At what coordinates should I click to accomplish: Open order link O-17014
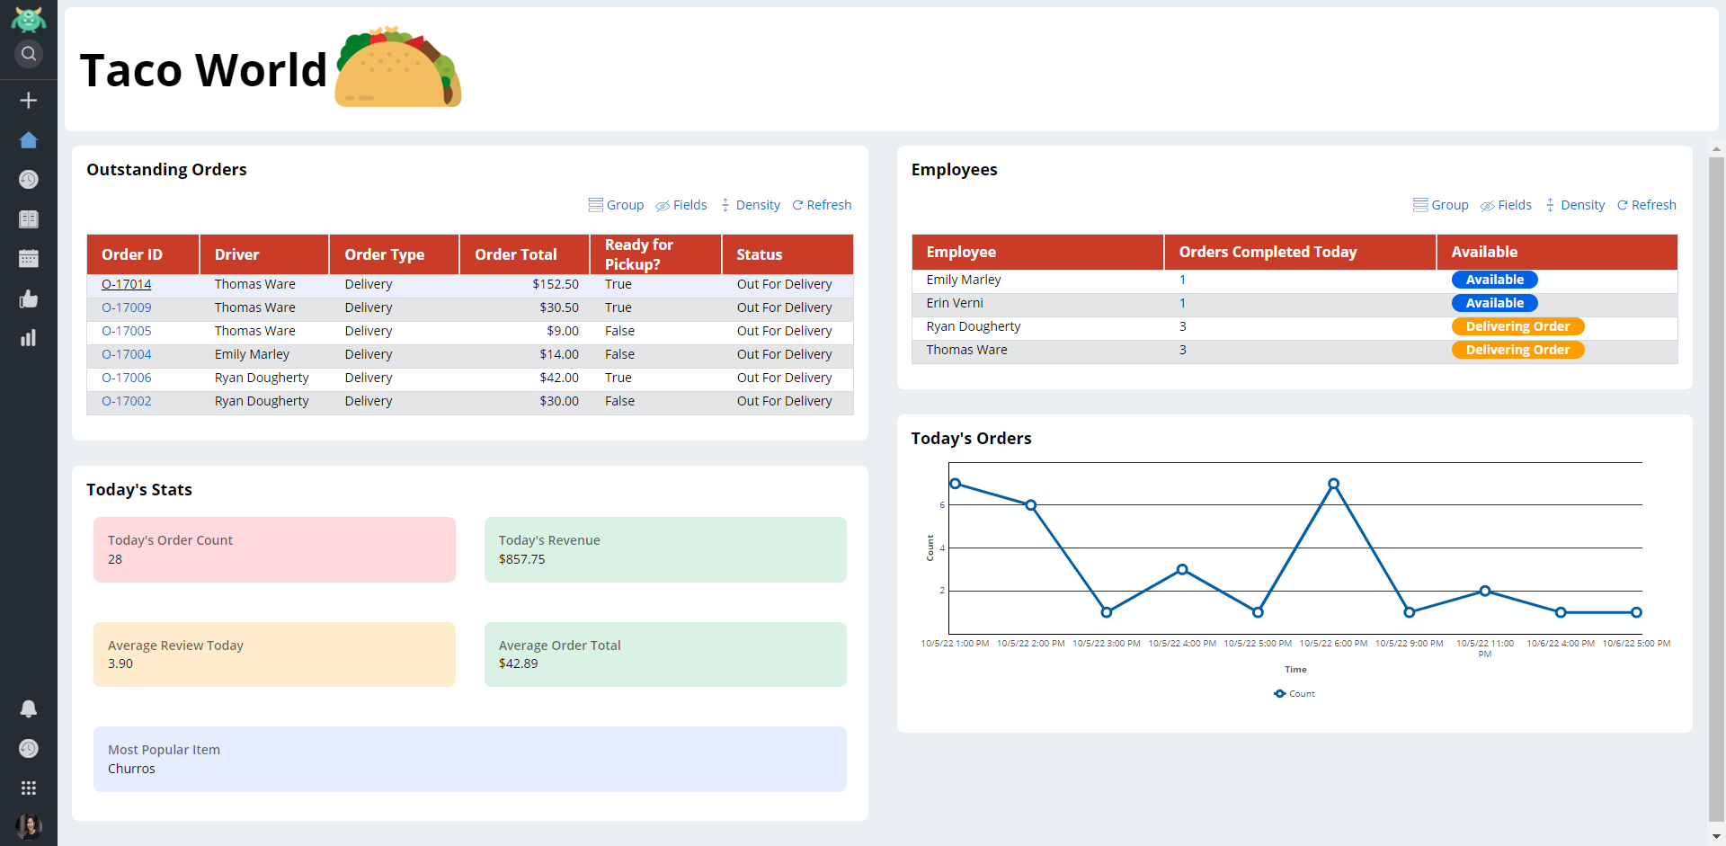(x=126, y=284)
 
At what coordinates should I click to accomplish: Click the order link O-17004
(x=126, y=354)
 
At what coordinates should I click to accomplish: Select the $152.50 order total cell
(x=555, y=284)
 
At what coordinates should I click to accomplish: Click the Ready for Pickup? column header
(x=639, y=254)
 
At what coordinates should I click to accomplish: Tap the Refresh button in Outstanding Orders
(x=822, y=205)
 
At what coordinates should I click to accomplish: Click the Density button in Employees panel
(x=1575, y=205)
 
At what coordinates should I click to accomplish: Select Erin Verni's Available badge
(x=1494, y=303)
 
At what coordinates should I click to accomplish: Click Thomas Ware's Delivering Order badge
(x=1517, y=350)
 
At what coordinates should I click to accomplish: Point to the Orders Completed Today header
(x=1268, y=253)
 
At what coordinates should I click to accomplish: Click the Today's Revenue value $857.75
(x=522, y=559)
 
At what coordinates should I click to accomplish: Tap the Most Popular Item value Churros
(x=132, y=769)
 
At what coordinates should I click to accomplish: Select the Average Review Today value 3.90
(x=120, y=663)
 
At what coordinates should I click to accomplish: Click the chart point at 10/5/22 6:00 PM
(x=1334, y=484)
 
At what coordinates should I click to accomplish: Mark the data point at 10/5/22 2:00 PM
(x=1031, y=505)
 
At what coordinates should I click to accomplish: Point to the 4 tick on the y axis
(x=942, y=548)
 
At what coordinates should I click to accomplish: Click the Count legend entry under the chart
(x=1294, y=694)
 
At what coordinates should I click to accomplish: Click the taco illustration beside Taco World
(x=397, y=67)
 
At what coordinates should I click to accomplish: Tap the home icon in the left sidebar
(x=29, y=140)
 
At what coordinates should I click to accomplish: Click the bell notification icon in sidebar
(x=29, y=708)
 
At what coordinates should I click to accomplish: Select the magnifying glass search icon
(x=29, y=54)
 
